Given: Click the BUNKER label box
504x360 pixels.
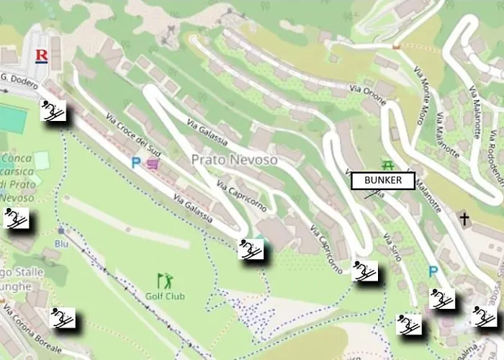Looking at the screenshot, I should pyautogui.click(x=382, y=180).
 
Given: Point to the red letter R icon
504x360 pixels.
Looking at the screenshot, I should pyautogui.click(x=42, y=55).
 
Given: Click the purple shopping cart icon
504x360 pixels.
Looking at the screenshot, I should pyautogui.click(x=153, y=164).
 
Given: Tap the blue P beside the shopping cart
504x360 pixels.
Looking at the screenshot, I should pyautogui.click(x=136, y=163).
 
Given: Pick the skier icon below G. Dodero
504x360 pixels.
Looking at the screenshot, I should pyautogui.click(x=53, y=111).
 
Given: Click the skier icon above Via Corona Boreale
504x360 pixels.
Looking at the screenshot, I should pyautogui.click(x=63, y=318).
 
